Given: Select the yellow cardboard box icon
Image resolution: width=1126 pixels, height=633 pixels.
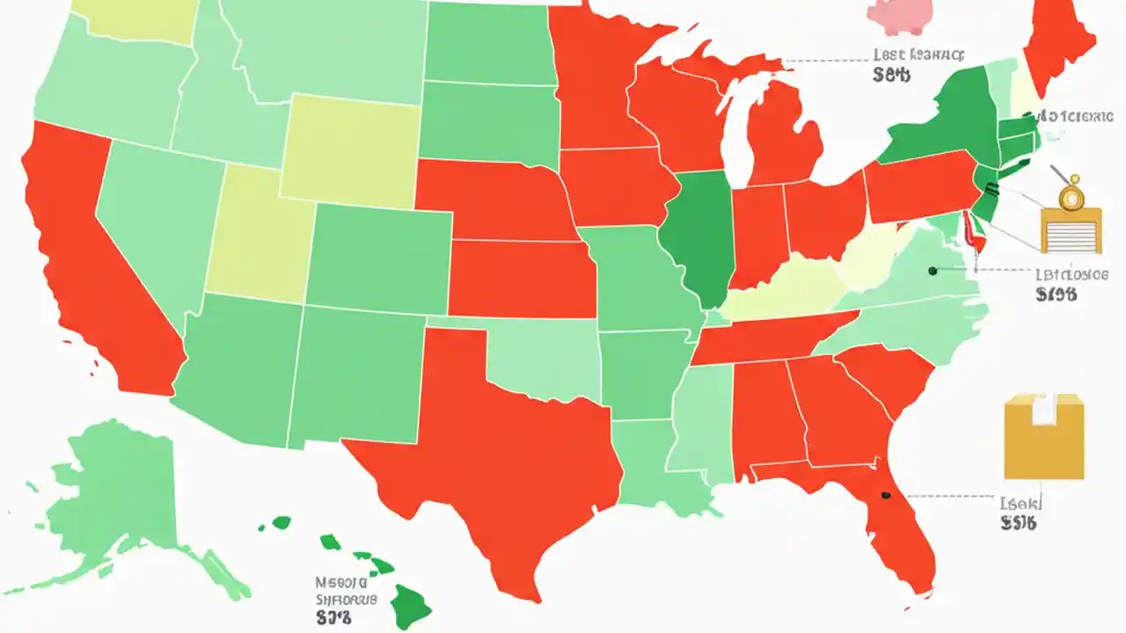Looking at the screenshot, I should [x=1044, y=436].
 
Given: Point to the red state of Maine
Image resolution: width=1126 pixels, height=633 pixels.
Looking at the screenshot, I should [x=1060, y=44].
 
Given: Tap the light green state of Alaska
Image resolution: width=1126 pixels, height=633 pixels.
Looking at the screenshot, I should [x=123, y=492].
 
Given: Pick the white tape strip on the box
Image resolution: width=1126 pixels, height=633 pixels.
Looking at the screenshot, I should [x=1044, y=409].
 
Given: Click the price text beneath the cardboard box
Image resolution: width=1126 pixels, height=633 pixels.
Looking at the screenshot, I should [x=1019, y=523].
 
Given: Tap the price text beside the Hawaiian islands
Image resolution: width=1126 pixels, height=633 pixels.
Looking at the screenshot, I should [x=333, y=618].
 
